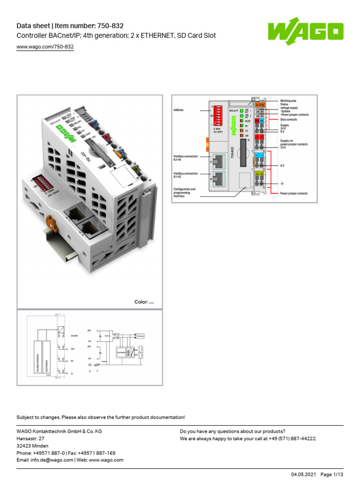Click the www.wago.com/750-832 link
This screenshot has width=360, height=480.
tap(45, 47)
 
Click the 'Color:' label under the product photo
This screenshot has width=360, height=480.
tap(141, 302)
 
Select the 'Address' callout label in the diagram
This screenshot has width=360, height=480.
tap(179, 110)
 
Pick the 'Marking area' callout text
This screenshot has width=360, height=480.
tap(288, 101)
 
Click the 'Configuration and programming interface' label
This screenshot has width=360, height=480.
tap(185, 193)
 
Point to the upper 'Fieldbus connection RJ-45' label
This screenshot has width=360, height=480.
tap(186, 158)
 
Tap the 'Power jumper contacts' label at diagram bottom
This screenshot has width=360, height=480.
tap(294, 193)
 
